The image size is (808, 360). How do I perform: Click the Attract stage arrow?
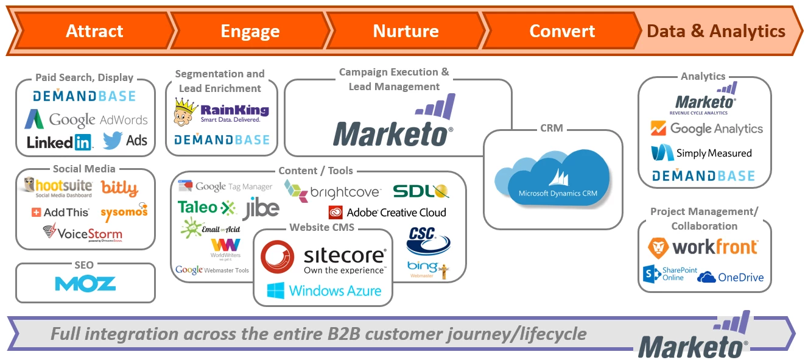click(94, 31)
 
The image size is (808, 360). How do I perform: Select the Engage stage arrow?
click(250, 31)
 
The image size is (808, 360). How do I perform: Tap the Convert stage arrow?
click(562, 31)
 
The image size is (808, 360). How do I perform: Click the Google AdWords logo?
click(86, 119)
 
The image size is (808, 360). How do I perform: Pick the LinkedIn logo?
click(60, 142)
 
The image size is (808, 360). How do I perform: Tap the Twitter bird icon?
click(113, 141)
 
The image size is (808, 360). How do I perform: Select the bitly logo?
click(119, 188)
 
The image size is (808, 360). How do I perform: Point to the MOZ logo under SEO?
click(85, 283)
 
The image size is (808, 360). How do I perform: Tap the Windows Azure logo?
click(324, 291)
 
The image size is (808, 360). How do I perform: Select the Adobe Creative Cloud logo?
click(387, 213)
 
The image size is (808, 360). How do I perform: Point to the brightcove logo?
click(332, 190)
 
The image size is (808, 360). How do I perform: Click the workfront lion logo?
click(658, 247)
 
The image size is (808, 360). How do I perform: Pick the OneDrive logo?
click(730, 277)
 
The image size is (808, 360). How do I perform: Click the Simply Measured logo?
click(701, 153)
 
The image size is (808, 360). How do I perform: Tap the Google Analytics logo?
click(706, 129)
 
